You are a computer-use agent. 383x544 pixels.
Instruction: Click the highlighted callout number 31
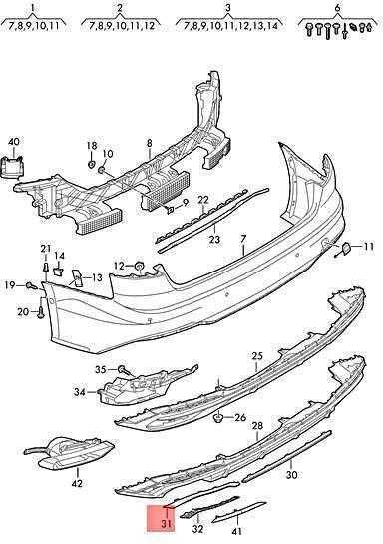pos(167,522)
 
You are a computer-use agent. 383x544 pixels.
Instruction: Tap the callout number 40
pos(14,142)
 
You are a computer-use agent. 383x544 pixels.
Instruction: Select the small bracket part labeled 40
pos(12,167)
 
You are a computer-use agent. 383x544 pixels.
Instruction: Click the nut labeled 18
pos(92,164)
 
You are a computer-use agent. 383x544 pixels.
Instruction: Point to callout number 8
pos(150,143)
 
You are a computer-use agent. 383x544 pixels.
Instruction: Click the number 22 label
pos(203,200)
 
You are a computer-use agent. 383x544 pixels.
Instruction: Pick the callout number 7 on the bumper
pos(243,239)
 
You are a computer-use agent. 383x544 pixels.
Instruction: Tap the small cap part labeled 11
pos(346,247)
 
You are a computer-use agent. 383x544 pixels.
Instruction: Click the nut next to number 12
pos(139,267)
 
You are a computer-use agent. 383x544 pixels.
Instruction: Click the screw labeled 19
pos(32,285)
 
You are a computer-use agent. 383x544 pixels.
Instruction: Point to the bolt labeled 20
pos(41,312)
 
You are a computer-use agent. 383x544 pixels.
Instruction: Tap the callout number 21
pos(46,249)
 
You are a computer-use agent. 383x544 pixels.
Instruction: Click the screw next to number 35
pos(122,370)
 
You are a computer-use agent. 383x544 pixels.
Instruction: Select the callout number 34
pos(80,392)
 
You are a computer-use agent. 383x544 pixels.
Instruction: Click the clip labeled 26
pos(219,416)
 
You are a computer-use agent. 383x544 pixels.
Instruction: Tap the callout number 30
pos(292,474)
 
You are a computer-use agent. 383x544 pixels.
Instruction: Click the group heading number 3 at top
pos(227,8)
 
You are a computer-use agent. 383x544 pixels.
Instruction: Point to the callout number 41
pos(237,531)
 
